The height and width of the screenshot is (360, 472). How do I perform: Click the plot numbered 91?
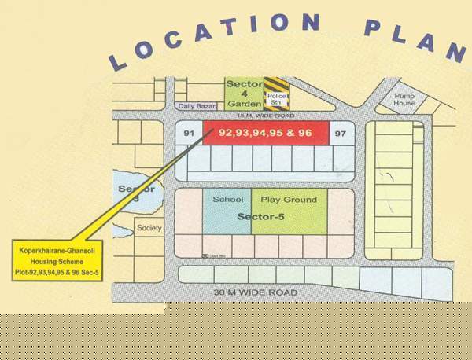pos(188,134)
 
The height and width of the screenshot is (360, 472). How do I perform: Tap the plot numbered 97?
pos(340,134)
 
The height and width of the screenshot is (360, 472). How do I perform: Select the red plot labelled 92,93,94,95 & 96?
pos(265,134)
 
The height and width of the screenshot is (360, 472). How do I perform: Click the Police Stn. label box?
pos(276,99)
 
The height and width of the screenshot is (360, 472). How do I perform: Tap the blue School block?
pos(227,210)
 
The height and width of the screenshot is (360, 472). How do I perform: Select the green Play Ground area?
pos(289,210)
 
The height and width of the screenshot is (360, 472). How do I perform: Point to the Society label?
pos(149,228)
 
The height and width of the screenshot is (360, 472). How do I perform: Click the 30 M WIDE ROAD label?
pos(256,292)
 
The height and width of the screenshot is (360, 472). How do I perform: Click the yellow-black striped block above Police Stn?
pos(276,83)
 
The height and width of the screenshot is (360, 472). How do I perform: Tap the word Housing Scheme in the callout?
pos(56,260)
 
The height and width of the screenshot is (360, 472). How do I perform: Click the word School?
pos(227,200)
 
